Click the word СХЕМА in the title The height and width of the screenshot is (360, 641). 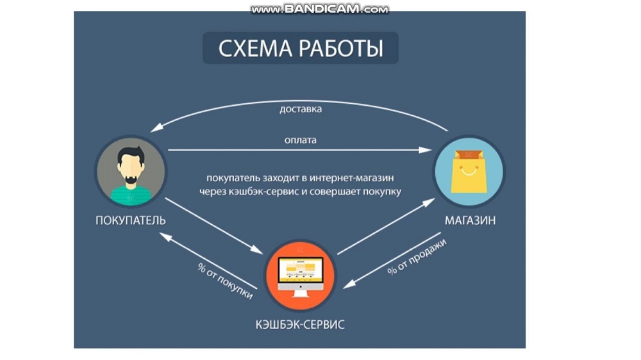pyautogui.click(x=255, y=48)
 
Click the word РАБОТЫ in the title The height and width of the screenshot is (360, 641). pyautogui.click(x=341, y=48)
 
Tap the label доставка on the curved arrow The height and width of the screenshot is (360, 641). pyautogui.click(x=301, y=109)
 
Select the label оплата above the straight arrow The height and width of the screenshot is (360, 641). pyautogui.click(x=301, y=140)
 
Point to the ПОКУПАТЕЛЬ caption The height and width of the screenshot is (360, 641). pyautogui.click(x=130, y=220)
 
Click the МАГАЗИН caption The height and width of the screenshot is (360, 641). pyautogui.click(x=470, y=220)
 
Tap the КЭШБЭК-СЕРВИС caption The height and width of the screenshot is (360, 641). pyautogui.click(x=300, y=325)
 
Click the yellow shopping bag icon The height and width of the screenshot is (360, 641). pyautogui.click(x=469, y=172)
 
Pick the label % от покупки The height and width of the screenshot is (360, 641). pyautogui.click(x=225, y=281)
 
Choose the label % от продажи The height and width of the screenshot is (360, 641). pyautogui.click(x=417, y=257)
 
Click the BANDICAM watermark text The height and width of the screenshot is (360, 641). pyautogui.click(x=320, y=9)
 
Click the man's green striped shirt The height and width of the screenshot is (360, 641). pyautogui.click(x=131, y=195)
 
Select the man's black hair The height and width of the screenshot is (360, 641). pyautogui.click(x=131, y=155)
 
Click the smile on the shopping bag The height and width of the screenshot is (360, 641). pyautogui.click(x=469, y=171)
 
